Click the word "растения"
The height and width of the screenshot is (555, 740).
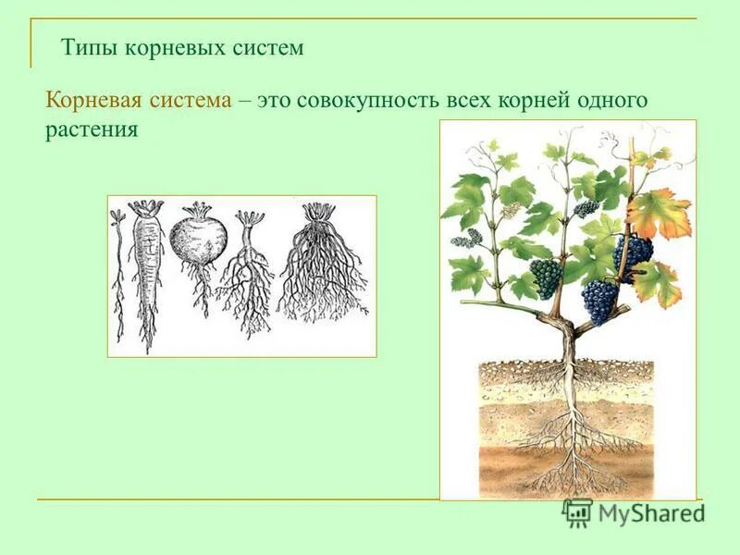click(92, 130)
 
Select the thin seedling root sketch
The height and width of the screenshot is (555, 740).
click(118, 268)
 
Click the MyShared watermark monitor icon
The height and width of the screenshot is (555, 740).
click(578, 512)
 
